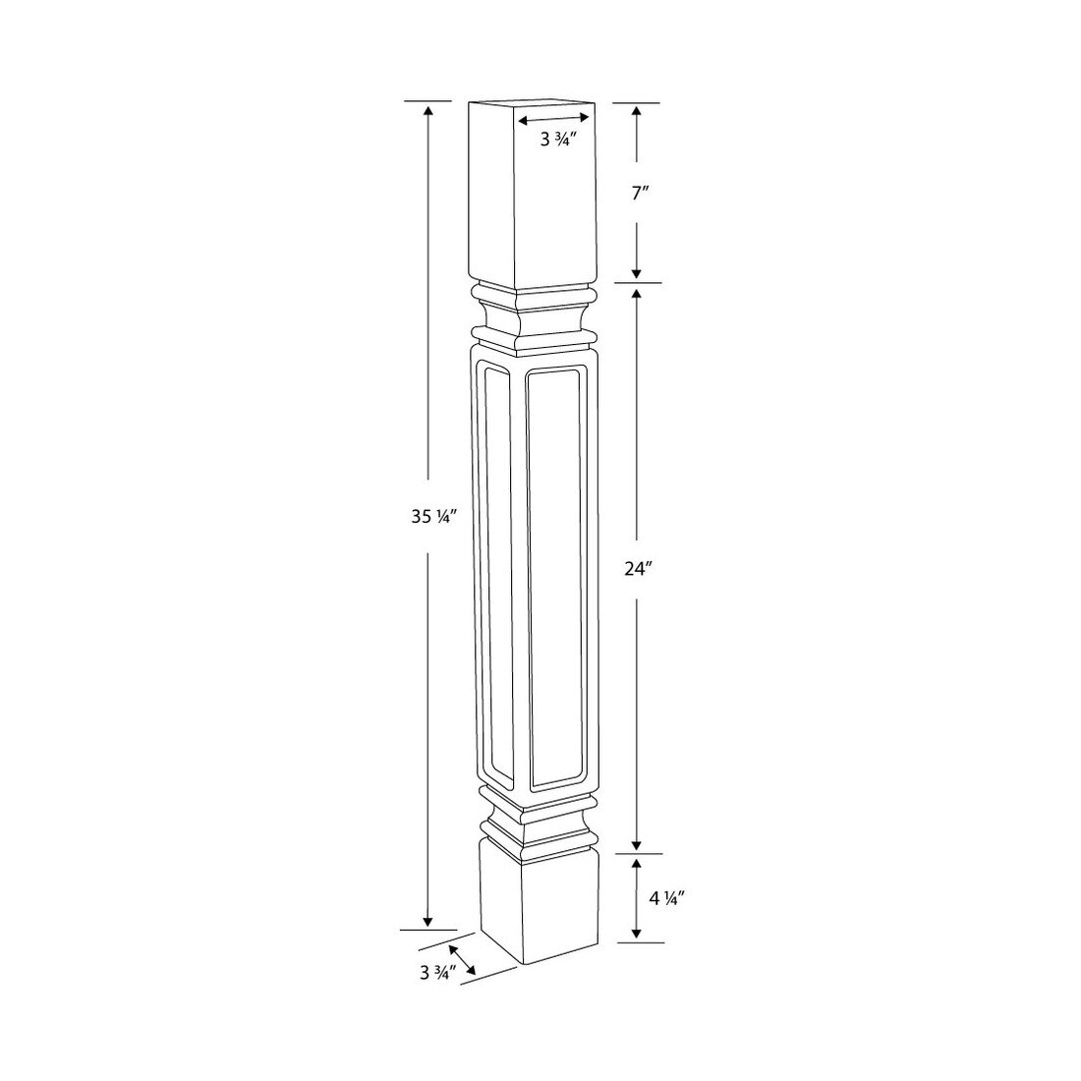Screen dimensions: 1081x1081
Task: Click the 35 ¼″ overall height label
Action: click(x=430, y=516)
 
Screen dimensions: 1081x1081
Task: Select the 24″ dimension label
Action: click(x=638, y=569)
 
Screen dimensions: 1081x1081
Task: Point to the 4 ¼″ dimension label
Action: click(x=665, y=898)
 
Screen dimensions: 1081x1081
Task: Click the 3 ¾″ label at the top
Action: click(x=558, y=140)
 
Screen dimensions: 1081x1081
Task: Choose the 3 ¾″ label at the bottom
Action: click(x=437, y=973)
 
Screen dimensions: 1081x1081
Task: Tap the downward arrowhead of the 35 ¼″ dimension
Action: click(x=428, y=921)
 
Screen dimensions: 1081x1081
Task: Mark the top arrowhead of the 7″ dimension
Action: click(x=637, y=112)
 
